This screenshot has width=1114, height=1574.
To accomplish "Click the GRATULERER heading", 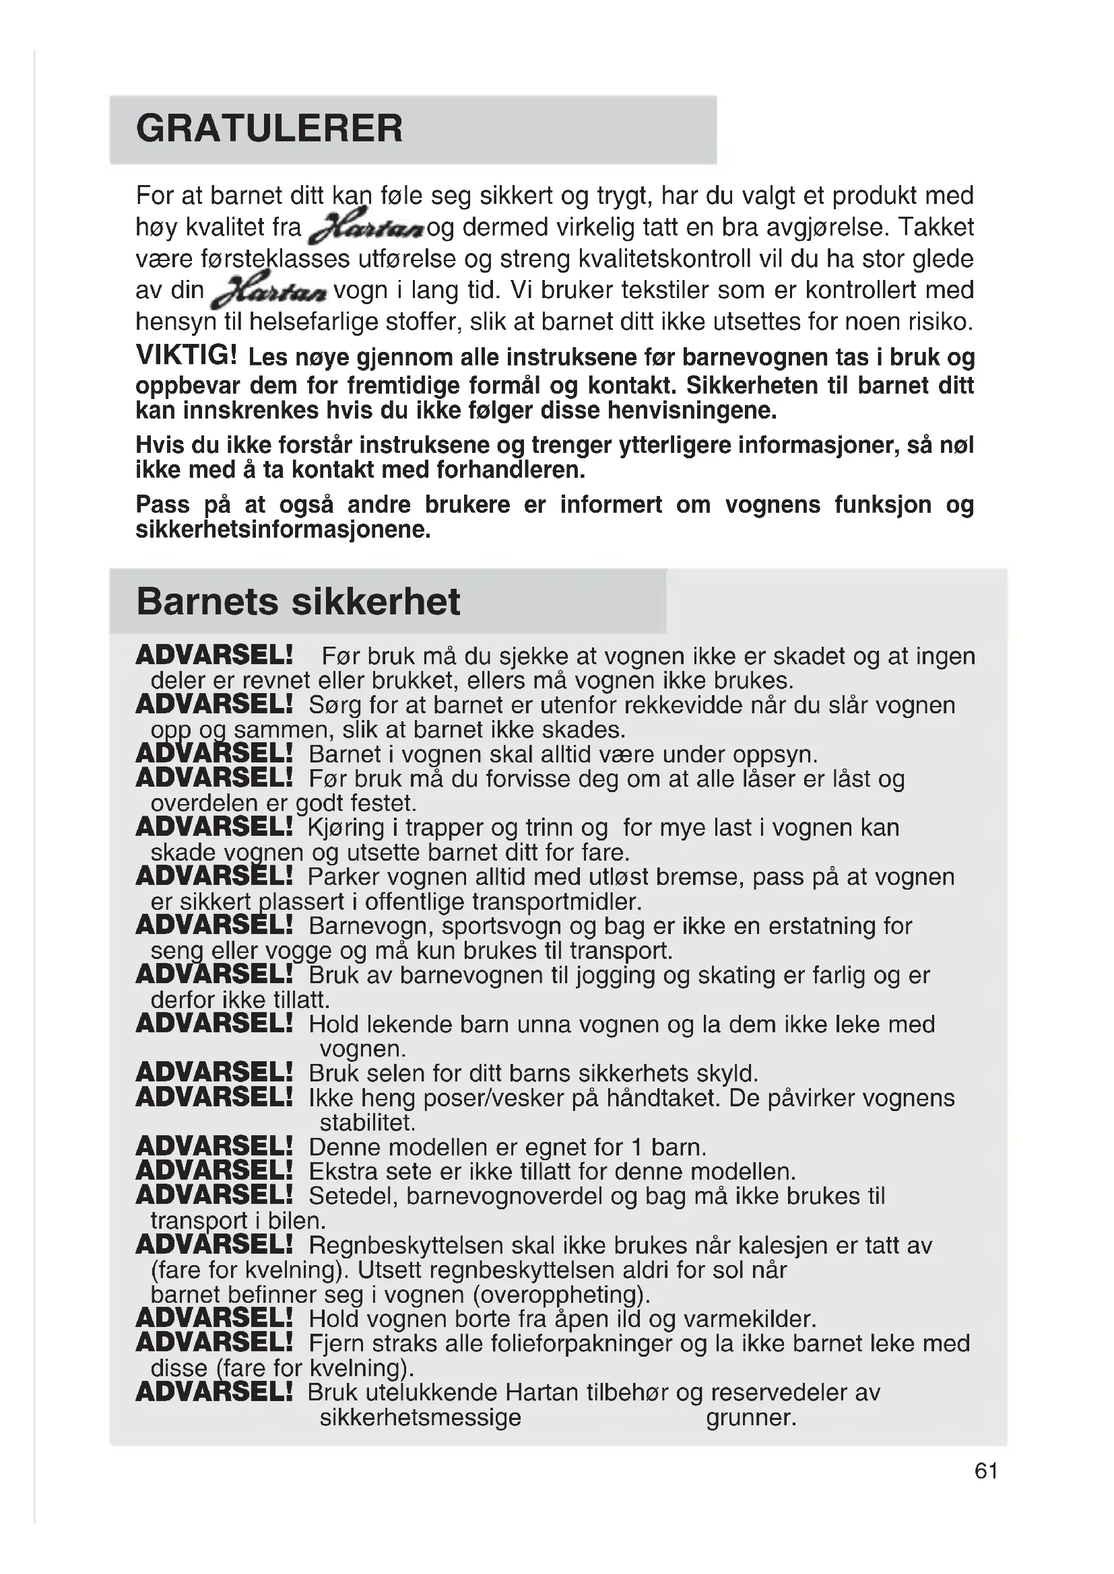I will click(269, 129).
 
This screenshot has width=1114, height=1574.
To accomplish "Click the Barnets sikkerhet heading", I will click(298, 601).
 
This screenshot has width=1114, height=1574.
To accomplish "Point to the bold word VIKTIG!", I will click(187, 355).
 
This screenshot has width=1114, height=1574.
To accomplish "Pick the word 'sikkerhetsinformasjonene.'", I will click(283, 530).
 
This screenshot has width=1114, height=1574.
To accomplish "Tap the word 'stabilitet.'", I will click(368, 1122).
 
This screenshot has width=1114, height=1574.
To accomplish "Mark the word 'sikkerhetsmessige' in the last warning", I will click(420, 1417).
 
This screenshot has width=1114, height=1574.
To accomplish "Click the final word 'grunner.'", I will click(751, 1417).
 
